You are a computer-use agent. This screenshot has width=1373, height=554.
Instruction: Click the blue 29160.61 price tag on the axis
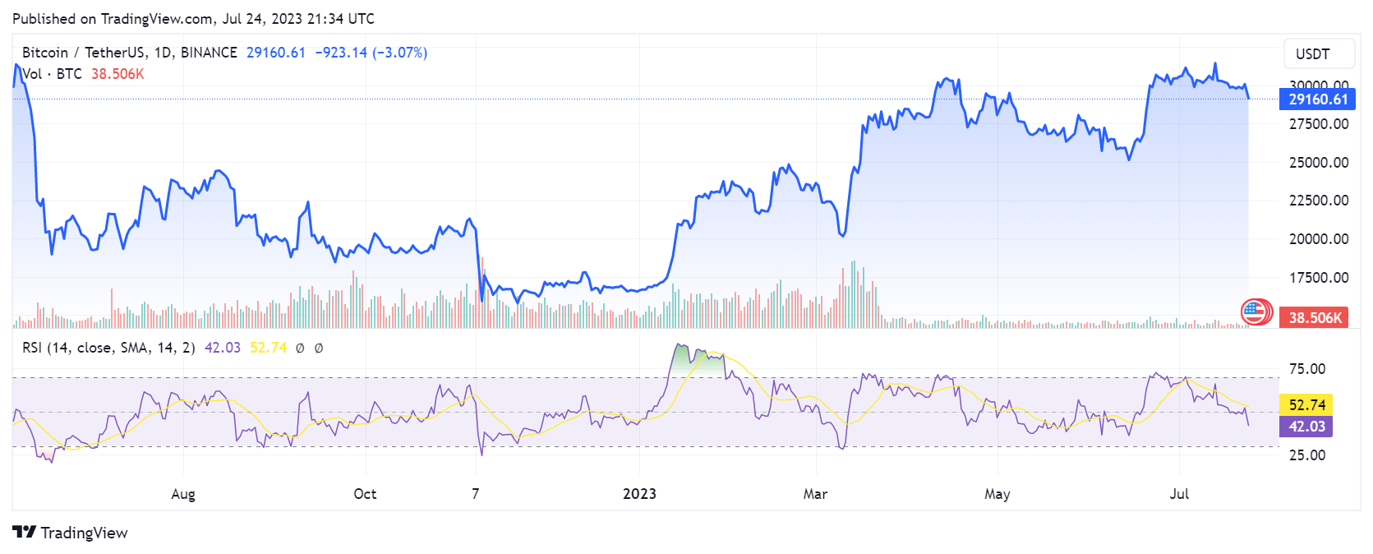coord(1317,99)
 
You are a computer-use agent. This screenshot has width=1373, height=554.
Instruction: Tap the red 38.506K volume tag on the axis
coord(1314,317)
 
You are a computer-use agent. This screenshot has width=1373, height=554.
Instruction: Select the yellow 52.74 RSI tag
coord(1306,404)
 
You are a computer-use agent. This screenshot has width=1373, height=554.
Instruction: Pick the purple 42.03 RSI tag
coord(1306,426)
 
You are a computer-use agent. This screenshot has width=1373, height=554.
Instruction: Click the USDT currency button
coord(1312,54)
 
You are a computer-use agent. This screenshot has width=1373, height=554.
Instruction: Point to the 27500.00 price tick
coord(1318,124)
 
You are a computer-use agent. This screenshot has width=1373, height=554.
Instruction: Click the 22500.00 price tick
coord(1318,201)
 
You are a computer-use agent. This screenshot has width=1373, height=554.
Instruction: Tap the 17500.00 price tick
coord(1318,278)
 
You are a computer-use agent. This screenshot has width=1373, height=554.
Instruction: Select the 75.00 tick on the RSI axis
coord(1306,369)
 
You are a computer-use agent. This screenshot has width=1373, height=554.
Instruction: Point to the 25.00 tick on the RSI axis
coord(1306,455)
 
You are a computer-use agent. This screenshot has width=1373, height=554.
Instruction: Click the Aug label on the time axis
coord(183,494)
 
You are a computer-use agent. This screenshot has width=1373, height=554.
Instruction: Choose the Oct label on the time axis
coord(365,494)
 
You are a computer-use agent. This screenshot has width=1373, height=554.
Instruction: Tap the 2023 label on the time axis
coord(639,494)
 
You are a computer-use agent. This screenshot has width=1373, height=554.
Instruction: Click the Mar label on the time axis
coord(815,494)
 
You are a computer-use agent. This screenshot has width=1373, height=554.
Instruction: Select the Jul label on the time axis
coord(1179,494)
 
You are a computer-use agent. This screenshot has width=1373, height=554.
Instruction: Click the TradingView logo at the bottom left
coord(71,533)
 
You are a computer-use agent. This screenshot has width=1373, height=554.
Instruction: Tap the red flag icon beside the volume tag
coord(1256,312)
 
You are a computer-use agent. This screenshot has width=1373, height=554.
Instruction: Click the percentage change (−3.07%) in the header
coord(400,53)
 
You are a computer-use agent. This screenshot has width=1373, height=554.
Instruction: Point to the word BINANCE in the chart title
coord(209,53)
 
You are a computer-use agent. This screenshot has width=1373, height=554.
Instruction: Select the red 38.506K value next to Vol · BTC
coord(117,74)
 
